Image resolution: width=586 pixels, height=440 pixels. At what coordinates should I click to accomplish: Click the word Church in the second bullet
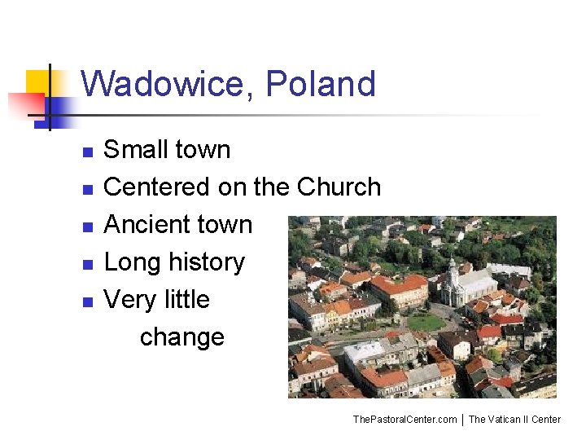[339, 187]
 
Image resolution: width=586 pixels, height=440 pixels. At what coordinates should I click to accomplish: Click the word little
[186, 300]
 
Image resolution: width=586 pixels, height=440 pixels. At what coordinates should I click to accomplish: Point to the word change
[181, 337]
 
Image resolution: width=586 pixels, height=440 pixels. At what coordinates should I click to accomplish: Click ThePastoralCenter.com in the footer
[405, 420]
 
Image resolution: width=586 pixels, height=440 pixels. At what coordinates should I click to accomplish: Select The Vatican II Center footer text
[514, 420]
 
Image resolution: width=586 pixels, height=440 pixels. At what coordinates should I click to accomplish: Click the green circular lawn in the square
[426, 322]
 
